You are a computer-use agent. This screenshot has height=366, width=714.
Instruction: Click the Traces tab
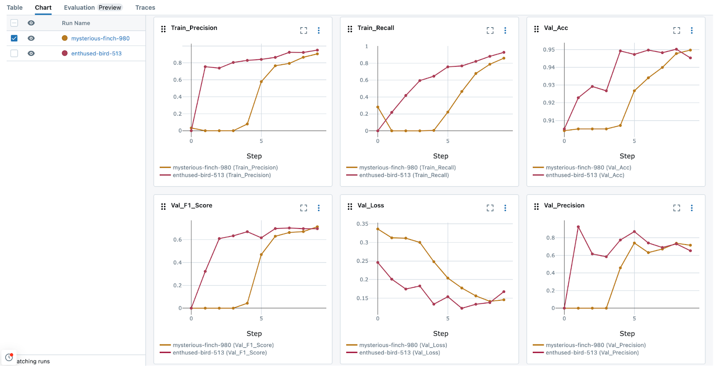[x=145, y=8]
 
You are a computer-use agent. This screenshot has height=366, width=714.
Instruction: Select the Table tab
[x=15, y=8]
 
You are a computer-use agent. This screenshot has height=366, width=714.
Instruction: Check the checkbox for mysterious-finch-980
[x=14, y=38]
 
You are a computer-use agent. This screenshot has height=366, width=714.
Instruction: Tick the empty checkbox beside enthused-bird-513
[x=14, y=54]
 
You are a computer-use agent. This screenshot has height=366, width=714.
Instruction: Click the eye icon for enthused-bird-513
[x=31, y=54]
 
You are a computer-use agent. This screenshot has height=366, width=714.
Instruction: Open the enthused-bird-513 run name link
[x=96, y=54]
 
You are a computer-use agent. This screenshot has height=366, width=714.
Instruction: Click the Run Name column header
[x=76, y=23]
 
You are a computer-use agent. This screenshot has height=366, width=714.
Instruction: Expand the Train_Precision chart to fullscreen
[x=303, y=30]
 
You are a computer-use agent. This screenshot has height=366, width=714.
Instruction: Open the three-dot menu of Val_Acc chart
[x=692, y=30]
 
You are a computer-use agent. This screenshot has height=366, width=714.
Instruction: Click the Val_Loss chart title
[x=370, y=205]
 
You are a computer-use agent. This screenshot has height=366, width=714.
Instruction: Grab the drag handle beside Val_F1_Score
[x=163, y=206]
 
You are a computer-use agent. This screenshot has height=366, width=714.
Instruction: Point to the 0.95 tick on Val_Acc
[x=549, y=50]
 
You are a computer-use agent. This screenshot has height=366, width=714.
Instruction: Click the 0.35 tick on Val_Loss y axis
[x=362, y=224]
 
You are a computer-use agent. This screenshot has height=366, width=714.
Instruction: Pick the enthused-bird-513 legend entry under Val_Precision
[x=592, y=353]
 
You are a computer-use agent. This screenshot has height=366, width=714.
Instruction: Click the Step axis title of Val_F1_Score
[x=254, y=333]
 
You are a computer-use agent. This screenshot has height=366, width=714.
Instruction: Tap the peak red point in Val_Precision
[x=578, y=227]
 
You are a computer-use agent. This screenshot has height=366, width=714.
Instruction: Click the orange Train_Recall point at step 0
[x=378, y=107]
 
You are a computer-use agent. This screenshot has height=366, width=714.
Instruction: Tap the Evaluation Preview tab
[x=92, y=8]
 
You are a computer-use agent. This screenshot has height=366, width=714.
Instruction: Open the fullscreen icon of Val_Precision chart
[x=677, y=208]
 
